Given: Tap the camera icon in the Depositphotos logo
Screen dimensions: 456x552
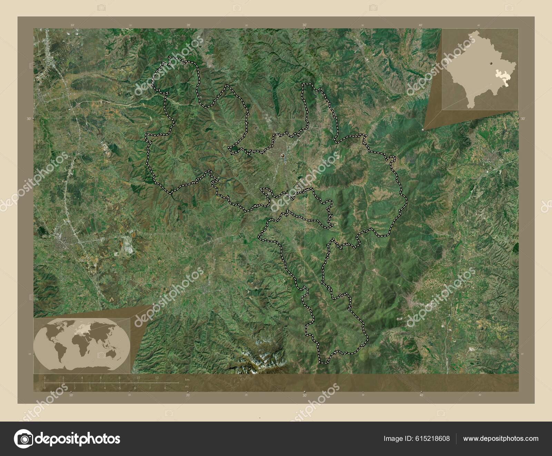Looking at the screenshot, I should tap(23, 438).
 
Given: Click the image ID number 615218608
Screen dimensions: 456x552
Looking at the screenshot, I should tap(433, 438).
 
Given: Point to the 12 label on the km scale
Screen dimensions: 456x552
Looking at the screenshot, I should tap(157, 378).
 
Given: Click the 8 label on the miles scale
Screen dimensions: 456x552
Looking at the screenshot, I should tap(165, 388).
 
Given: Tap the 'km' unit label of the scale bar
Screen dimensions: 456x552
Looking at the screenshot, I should tap(187, 380).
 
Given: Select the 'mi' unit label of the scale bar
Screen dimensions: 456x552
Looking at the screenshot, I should tap(187, 387).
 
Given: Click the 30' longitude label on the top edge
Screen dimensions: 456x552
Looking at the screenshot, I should tap(305, 25).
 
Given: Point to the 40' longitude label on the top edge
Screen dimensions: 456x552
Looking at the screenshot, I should tap(421, 25).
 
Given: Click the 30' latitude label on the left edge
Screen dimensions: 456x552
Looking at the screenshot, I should tap(29, 118).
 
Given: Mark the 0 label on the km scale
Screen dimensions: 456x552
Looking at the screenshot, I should tap(45, 378).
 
